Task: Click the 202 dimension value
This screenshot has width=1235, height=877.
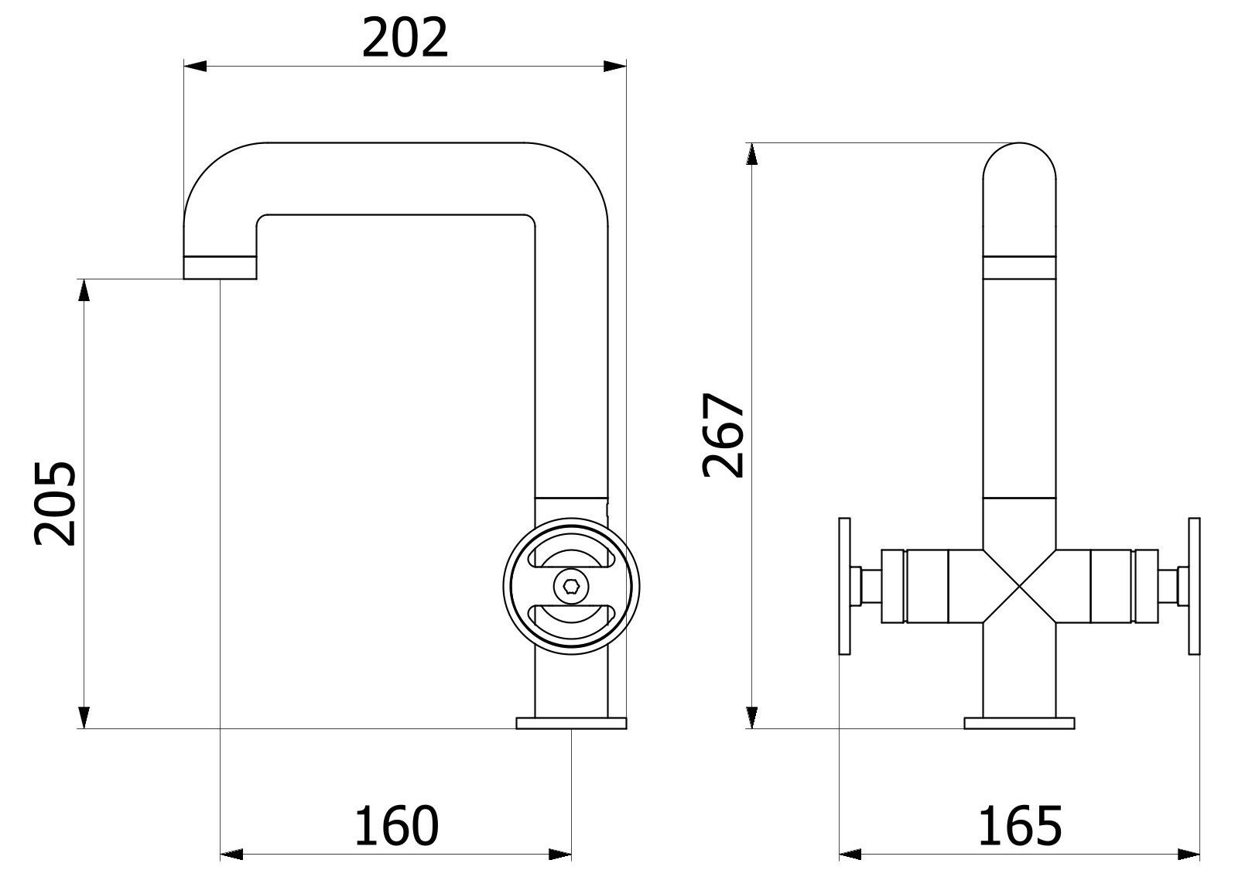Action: [405, 38]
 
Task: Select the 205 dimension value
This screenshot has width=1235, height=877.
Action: [55, 504]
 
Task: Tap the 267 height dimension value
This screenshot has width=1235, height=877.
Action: [723, 435]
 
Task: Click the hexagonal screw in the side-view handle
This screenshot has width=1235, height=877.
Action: [570, 588]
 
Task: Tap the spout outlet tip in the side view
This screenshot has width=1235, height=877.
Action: [220, 268]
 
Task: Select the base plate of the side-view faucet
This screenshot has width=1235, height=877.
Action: [570, 723]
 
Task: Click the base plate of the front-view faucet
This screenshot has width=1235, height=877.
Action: [1019, 723]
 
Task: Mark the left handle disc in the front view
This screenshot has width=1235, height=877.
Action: [845, 588]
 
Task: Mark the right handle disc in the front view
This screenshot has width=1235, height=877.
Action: [1193, 588]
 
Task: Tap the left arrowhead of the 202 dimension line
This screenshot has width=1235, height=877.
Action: [193, 67]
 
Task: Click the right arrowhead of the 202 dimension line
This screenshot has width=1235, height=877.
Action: [615, 67]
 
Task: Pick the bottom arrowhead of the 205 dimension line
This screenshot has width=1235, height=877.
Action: [84, 717]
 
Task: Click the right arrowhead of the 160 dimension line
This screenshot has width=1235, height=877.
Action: [561, 855]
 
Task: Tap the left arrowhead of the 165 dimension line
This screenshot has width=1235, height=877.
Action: [851, 855]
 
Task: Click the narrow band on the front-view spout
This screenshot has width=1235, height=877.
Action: [1019, 268]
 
